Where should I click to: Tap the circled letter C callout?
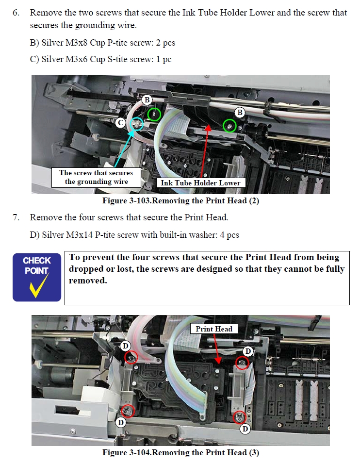(120, 122)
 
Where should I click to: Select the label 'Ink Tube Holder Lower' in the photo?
(201, 183)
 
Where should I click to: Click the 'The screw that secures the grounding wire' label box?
(96, 177)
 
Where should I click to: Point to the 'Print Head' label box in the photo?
(214, 329)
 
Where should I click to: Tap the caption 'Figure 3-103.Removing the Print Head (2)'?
(180, 201)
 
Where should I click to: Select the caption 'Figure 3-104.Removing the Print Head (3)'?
(180, 452)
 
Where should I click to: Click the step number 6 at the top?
(16, 13)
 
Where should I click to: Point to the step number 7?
(16, 217)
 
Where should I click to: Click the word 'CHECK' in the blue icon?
(37, 261)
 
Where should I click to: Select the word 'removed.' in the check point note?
(88, 281)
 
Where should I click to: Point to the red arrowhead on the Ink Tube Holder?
(208, 127)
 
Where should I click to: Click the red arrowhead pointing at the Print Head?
(218, 361)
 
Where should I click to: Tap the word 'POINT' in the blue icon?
(36, 270)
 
